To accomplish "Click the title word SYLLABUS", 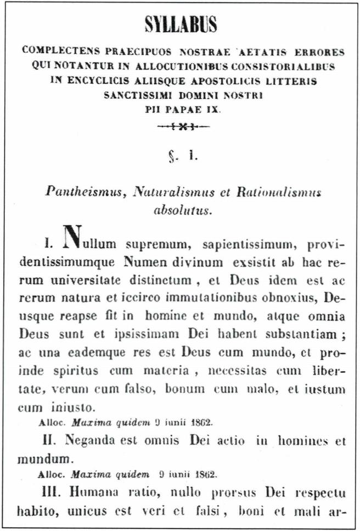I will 181,24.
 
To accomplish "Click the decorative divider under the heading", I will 183,127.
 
